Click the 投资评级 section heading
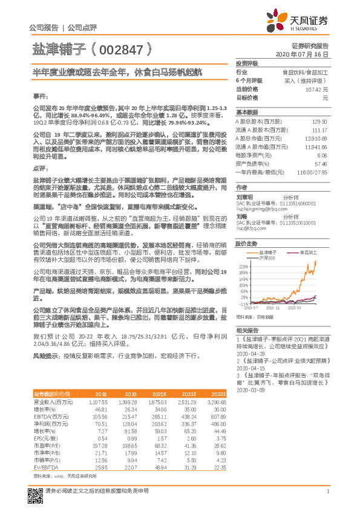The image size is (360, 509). pyautogui.click(x=247, y=63)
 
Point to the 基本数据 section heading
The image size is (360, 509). pyautogui.click(x=247, y=112)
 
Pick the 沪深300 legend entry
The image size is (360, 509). pyautogui.click(x=266, y=258)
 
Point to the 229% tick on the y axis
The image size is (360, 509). pyautogui.click(x=244, y=266)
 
